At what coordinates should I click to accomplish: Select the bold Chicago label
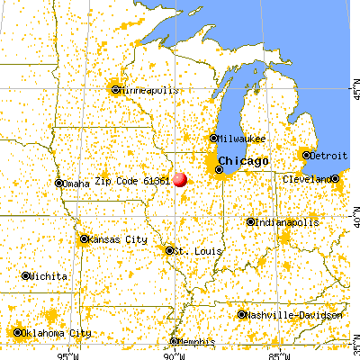242,161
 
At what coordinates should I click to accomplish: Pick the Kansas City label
118,239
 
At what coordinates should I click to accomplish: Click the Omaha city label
76,184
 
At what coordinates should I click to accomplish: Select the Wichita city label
46,275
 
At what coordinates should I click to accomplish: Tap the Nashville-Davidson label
293,315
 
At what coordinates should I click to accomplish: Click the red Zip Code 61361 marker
180,179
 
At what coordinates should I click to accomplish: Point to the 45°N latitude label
354,90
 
